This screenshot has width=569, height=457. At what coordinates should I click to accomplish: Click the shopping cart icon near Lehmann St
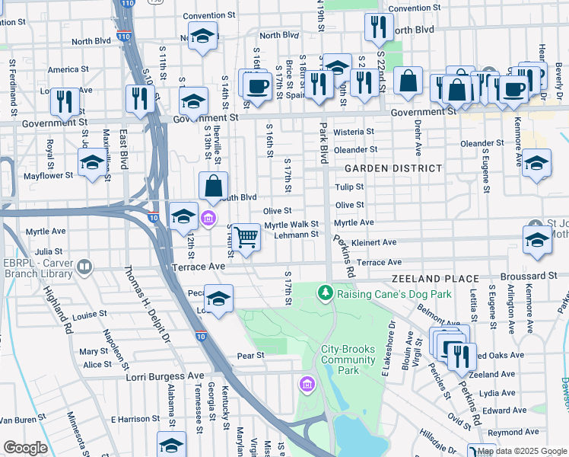246,237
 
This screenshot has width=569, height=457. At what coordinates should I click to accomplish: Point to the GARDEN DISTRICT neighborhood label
393,168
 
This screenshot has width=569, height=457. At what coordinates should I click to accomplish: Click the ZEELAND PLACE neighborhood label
435,280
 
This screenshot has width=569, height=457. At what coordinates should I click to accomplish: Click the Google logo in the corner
26,448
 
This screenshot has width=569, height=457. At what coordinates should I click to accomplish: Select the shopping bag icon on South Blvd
214,184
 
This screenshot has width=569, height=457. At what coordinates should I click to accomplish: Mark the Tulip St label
349,187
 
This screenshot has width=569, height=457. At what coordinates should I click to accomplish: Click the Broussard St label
529,276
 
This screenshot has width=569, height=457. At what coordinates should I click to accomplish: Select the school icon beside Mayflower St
92,162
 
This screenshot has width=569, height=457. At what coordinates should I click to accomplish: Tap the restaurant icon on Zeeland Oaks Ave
461,355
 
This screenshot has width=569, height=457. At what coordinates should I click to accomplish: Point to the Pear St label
250,356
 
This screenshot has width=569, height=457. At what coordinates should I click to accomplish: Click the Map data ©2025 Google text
522,451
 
